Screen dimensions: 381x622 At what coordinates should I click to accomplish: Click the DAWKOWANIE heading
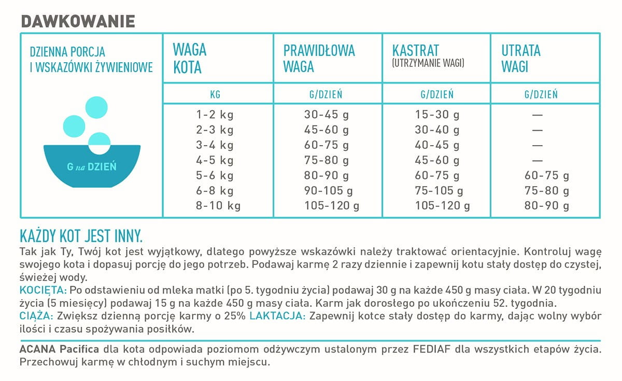click(x=78, y=21)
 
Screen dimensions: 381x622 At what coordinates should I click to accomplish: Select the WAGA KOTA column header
click(x=190, y=59)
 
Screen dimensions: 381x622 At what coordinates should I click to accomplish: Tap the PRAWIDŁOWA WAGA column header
click(x=319, y=59)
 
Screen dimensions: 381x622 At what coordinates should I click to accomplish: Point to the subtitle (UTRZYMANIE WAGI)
click(x=428, y=63)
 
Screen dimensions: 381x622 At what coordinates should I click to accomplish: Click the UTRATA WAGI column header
click(x=521, y=59)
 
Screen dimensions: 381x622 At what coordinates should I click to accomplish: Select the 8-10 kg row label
click(x=219, y=206)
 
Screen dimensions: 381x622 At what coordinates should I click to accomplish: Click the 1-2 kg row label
click(x=216, y=115)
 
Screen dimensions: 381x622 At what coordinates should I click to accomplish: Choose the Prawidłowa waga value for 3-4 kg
click(x=326, y=145)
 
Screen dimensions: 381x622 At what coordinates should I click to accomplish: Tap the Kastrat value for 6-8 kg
click(x=437, y=191)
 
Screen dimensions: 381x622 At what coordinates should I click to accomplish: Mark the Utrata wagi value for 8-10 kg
click(x=546, y=206)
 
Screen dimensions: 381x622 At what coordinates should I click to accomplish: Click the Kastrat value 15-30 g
click(x=437, y=115)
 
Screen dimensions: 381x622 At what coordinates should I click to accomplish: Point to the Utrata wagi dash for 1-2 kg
click(x=538, y=115)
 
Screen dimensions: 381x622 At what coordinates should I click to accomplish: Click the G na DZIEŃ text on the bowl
click(x=92, y=167)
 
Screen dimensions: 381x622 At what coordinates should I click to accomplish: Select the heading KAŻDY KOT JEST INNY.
click(x=81, y=236)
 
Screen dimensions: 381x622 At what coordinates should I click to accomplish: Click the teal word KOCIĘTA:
click(x=43, y=289)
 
